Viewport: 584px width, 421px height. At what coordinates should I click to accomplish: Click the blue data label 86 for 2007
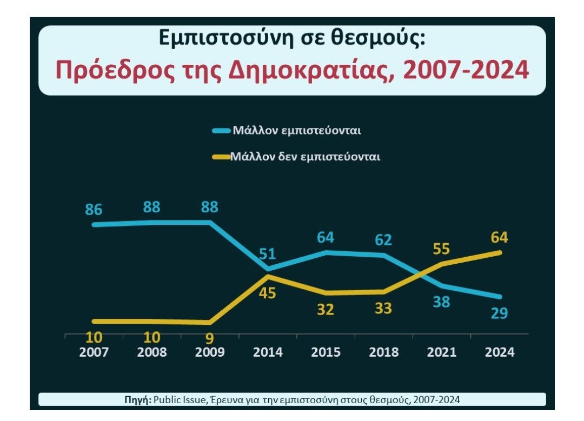tap(94, 210)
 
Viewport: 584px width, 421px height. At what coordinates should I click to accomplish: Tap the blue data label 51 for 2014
tap(268, 254)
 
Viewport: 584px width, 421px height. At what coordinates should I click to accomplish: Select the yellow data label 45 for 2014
tap(268, 293)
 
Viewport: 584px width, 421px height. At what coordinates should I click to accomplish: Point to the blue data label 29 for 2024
tap(499, 313)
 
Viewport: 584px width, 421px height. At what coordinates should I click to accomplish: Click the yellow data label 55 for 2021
tap(441, 249)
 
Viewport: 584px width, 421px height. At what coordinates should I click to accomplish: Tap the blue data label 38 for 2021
tap(441, 302)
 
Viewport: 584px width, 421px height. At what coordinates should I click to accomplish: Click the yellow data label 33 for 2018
tap(383, 309)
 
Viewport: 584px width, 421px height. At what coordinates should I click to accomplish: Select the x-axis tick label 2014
tap(268, 352)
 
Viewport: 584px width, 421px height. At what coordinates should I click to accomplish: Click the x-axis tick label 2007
tap(94, 352)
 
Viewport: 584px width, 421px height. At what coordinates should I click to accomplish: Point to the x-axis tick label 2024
tap(499, 352)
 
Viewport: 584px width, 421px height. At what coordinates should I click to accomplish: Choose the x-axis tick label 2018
tap(383, 352)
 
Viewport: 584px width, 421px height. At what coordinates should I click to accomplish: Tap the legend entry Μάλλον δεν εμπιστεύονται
tap(306, 157)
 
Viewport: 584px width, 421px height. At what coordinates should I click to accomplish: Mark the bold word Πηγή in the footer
tap(138, 400)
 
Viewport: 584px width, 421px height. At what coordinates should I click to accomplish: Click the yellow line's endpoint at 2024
tap(500, 252)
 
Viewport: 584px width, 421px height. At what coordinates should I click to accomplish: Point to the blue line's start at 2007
tap(94, 224)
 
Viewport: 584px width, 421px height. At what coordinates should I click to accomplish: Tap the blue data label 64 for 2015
tap(326, 238)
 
